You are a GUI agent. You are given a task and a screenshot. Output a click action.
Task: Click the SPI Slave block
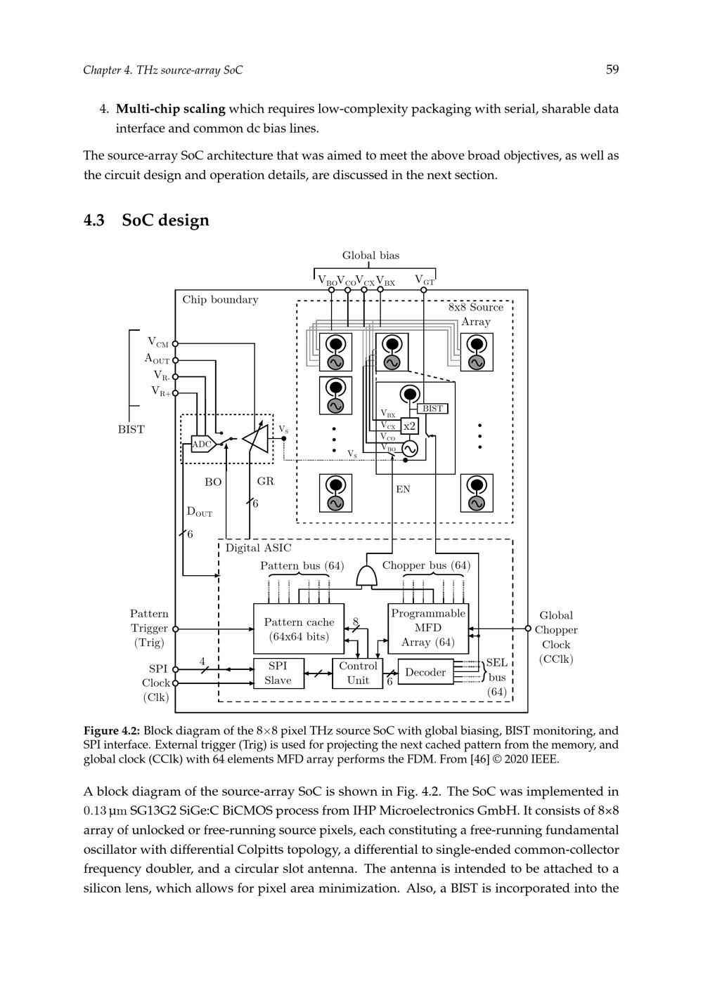click(x=278, y=673)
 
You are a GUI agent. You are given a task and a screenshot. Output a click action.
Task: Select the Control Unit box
click(x=358, y=673)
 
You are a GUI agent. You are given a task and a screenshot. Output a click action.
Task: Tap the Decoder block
click(x=425, y=673)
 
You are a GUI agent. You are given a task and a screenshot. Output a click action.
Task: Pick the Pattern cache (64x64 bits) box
click(x=299, y=629)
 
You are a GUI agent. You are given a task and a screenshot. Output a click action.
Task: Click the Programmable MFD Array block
click(x=428, y=628)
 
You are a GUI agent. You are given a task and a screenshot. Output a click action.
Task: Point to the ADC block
click(x=201, y=444)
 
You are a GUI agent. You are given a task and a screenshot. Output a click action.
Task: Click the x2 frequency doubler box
click(x=409, y=426)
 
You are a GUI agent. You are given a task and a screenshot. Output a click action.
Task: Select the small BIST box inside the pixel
click(x=432, y=409)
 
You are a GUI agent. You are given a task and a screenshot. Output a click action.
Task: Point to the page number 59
click(x=612, y=69)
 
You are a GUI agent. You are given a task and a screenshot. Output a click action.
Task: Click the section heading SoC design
click(x=165, y=220)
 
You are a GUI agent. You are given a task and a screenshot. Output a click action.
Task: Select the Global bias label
click(x=370, y=256)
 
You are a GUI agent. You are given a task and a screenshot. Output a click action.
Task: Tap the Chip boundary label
click(x=220, y=300)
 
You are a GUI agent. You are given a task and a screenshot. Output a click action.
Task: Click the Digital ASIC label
click(x=258, y=548)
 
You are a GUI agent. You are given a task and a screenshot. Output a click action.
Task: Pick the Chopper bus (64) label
click(x=426, y=565)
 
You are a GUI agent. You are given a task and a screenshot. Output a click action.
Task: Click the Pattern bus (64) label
click(x=302, y=565)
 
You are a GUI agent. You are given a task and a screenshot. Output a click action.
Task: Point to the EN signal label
click(x=403, y=489)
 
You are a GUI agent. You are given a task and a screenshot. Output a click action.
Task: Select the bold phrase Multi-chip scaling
click(x=170, y=109)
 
